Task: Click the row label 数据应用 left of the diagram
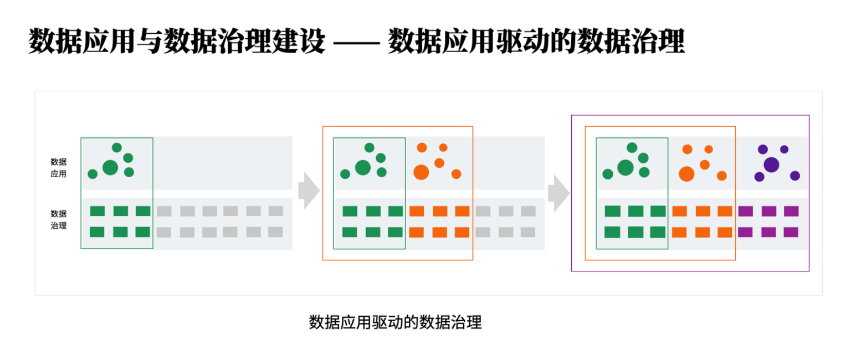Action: [x=58, y=167]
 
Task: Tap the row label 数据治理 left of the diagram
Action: [x=58, y=219]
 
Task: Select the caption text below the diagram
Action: [x=395, y=322]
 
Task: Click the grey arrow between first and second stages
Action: [x=309, y=190]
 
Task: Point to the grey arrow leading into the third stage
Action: [x=558, y=193]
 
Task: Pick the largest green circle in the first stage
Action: [x=110, y=167]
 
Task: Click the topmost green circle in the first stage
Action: [x=116, y=147]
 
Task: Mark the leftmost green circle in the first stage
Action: [x=93, y=174]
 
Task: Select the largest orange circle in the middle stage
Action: [x=421, y=172]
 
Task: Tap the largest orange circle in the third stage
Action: [x=686, y=174]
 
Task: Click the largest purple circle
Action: [x=771, y=164]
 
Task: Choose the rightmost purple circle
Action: [x=795, y=176]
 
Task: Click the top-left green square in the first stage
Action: [x=98, y=211]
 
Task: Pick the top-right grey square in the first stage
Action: [x=276, y=211]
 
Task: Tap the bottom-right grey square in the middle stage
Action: [x=528, y=232]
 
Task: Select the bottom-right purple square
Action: [x=791, y=232]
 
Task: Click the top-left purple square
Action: [x=745, y=211]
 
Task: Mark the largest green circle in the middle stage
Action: [x=363, y=167]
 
